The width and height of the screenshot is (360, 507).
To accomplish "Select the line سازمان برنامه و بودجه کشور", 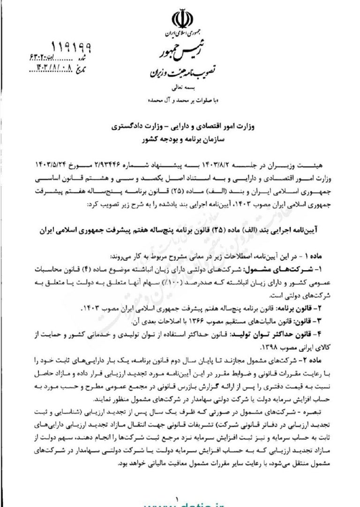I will point(180,140).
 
